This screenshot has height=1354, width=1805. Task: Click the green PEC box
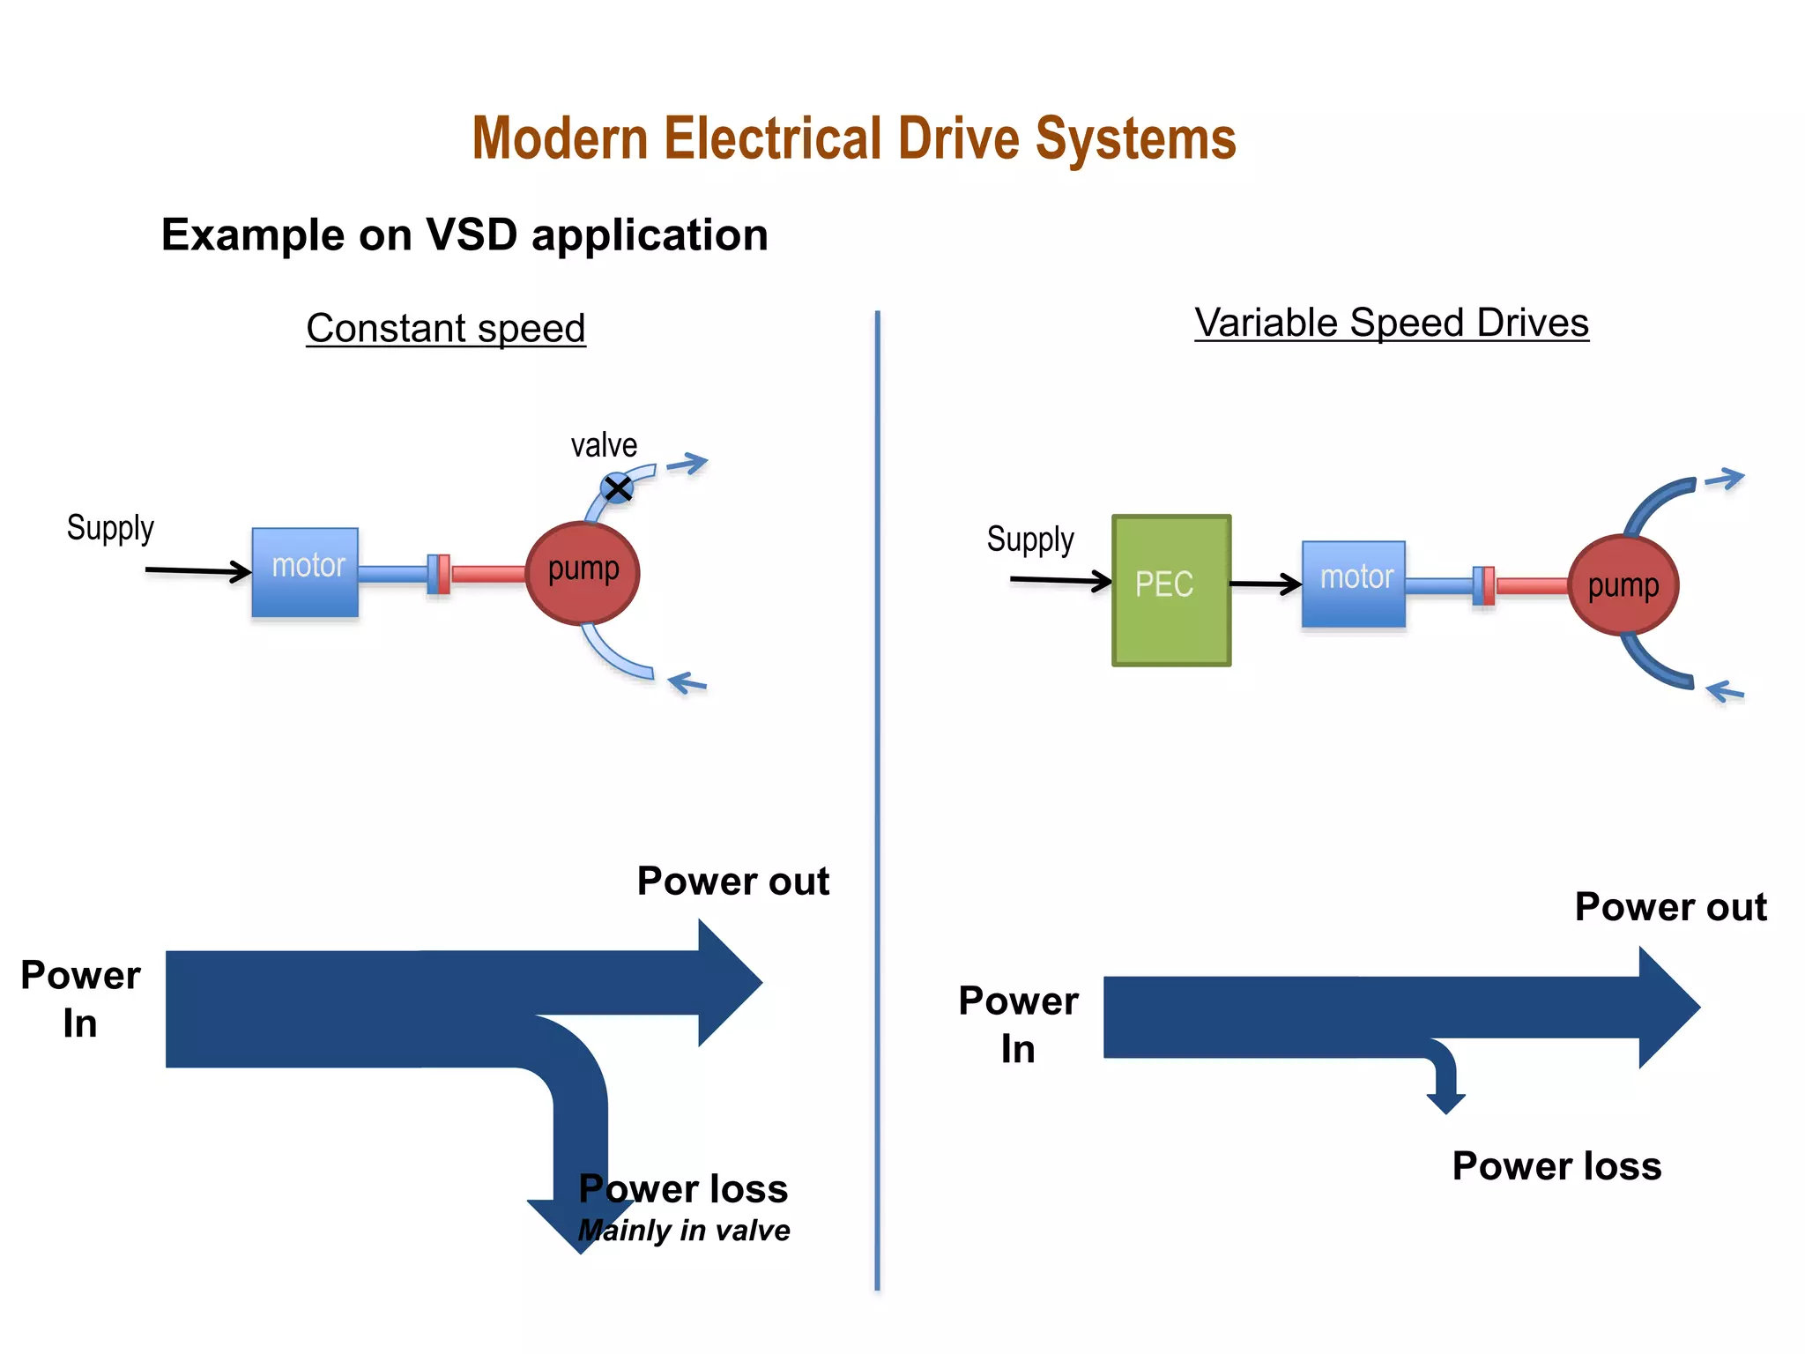click(1171, 590)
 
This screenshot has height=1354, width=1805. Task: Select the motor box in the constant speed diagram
click(305, 572)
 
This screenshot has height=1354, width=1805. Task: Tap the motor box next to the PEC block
click(1354, 584)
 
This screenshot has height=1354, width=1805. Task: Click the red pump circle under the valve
click(583, 573)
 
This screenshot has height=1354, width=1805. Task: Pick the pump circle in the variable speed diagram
click(1623, 585)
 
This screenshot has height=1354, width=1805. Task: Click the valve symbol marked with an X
click(617, 487)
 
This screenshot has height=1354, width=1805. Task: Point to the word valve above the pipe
click(604, 445)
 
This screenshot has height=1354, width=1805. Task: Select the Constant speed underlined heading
click(446, 328)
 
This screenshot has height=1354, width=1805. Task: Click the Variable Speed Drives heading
click(1392, 323)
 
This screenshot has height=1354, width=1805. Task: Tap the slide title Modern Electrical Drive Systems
click(854, 139)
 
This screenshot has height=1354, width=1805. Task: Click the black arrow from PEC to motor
click(1266, 584)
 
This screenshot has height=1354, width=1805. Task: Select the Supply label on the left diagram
click(110, 528)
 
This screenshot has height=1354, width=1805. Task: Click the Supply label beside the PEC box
click(1030, 539)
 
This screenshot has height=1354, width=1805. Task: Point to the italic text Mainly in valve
click(684, 1230)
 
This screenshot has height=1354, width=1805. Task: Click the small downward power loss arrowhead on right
click(1445, 1102)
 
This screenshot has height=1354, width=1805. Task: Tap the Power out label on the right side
click(1670, 907)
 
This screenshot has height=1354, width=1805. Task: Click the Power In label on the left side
click(80, 999)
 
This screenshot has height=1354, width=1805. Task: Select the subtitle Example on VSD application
click(464, 235)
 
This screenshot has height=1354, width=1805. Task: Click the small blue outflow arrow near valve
click(687, 464)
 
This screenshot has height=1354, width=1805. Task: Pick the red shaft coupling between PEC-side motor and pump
click(1489, 586)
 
